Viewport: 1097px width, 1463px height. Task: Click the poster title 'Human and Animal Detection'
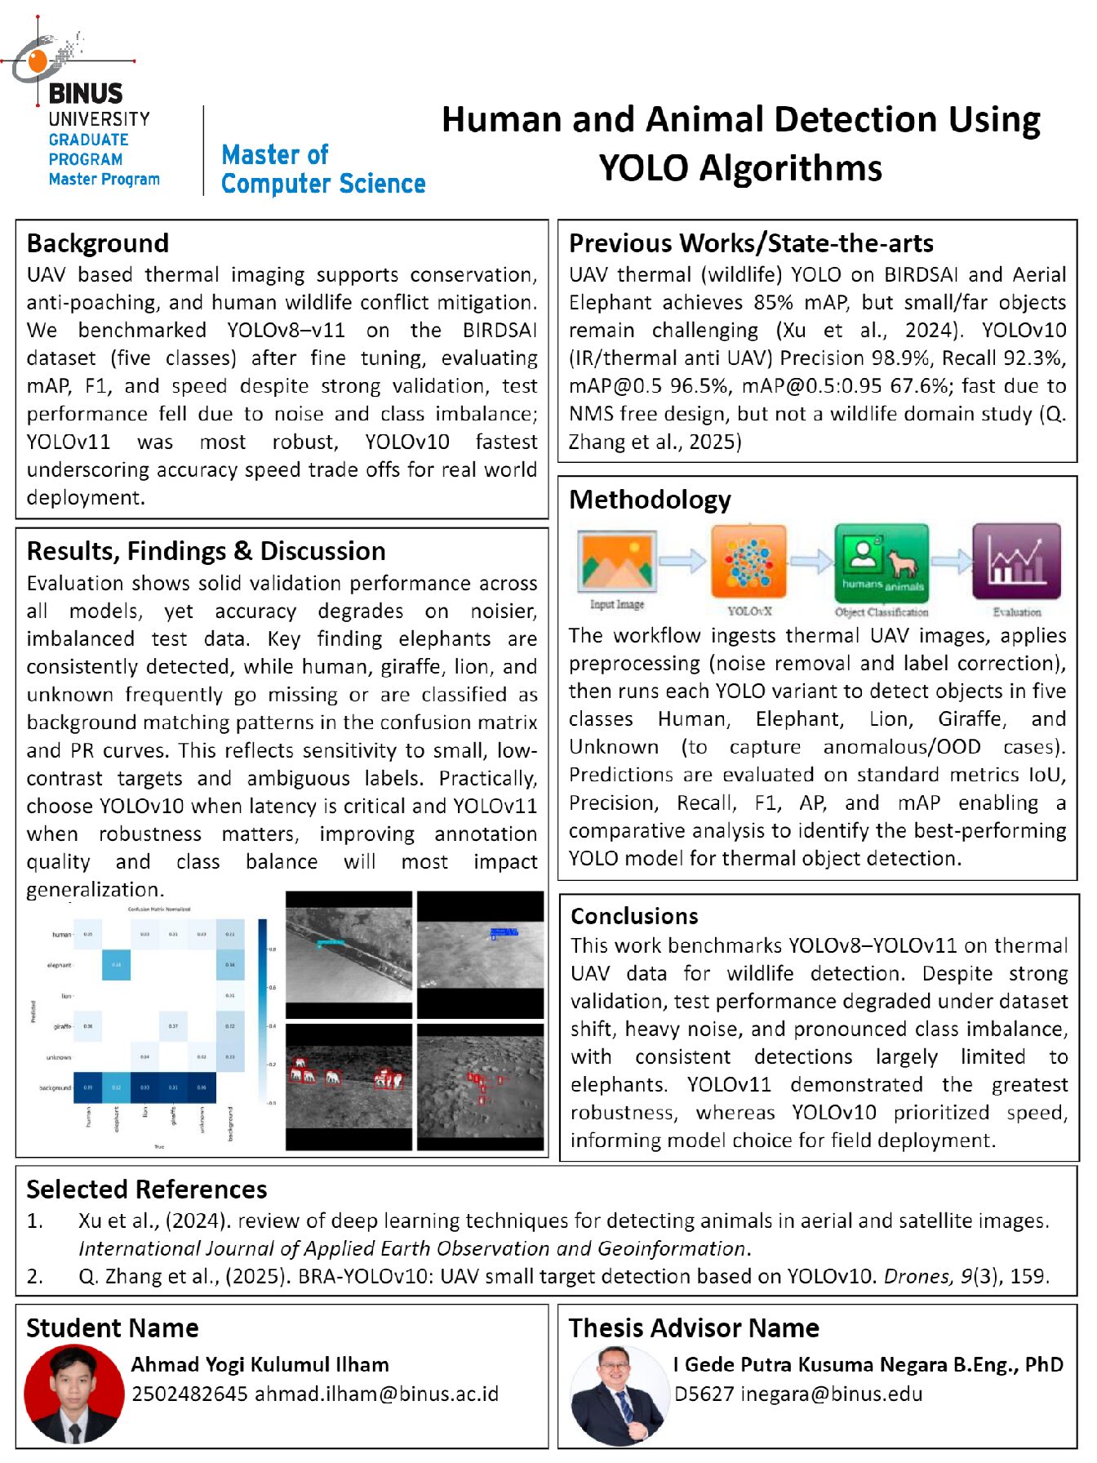click(x=740, y=143)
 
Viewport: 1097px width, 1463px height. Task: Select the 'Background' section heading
click(x=98, y=243)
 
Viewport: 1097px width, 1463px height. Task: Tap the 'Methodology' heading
click(x=650, y=500)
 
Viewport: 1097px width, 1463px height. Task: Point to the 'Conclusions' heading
click(x=634, y=916)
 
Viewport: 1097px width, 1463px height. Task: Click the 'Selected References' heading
click(x=147, y=1190)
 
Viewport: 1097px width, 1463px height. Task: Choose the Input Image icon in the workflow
click(x=617, y=561)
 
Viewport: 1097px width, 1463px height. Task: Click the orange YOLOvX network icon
click(x=748, y=562)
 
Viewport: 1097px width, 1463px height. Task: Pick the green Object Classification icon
click(x=882, y=562)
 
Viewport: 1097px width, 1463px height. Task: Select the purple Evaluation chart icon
click(x=1016, y=562)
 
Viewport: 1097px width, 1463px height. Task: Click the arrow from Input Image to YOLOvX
click(x=682, y=561)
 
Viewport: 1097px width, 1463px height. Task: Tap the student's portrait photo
click(x=73, y=1394)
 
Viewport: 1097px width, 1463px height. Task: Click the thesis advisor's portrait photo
click(x=618, y=1394)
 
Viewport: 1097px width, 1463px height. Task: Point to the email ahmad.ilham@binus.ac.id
click(x=376, y=1394)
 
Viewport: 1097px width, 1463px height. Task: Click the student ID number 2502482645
click(x=189, y=1394)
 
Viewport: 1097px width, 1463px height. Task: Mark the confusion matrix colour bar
click(x=263, y=1012)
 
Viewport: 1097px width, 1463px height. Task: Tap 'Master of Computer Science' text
click(x=323, y=169)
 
